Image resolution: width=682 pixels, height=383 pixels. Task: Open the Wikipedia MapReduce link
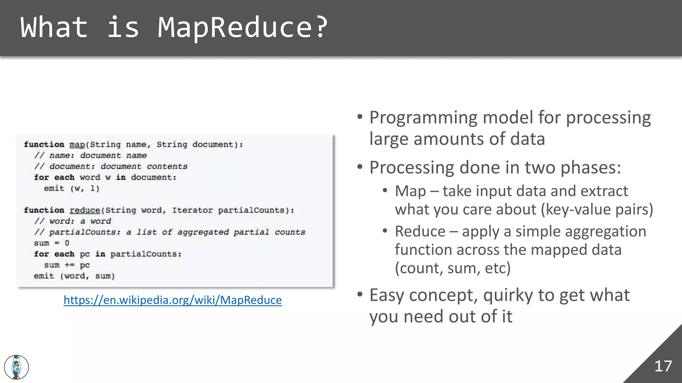(172, 300)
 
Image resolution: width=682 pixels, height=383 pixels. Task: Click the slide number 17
(663, 366)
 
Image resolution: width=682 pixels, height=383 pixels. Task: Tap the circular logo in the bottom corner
(16, 367)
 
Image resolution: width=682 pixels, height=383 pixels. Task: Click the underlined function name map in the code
(77, 145)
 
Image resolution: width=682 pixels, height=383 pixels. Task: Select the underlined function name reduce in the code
(85, 210)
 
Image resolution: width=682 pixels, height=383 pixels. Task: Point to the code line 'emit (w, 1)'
(72, 189)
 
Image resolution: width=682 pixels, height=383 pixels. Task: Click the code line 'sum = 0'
(52, 243)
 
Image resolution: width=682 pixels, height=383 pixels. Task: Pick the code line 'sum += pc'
(67, 265)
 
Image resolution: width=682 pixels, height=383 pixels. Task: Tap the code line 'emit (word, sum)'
(74, 276)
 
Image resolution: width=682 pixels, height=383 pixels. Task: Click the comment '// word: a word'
(73, 221)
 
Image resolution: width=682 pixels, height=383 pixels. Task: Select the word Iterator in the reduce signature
(192, 210)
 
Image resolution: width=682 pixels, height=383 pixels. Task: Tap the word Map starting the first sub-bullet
(410, 191)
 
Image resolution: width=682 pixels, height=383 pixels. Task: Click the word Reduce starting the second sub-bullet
(420, 231)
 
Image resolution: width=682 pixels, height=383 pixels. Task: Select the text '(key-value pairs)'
(597, 210)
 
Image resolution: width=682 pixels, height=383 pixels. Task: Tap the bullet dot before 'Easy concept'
(360, 295)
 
